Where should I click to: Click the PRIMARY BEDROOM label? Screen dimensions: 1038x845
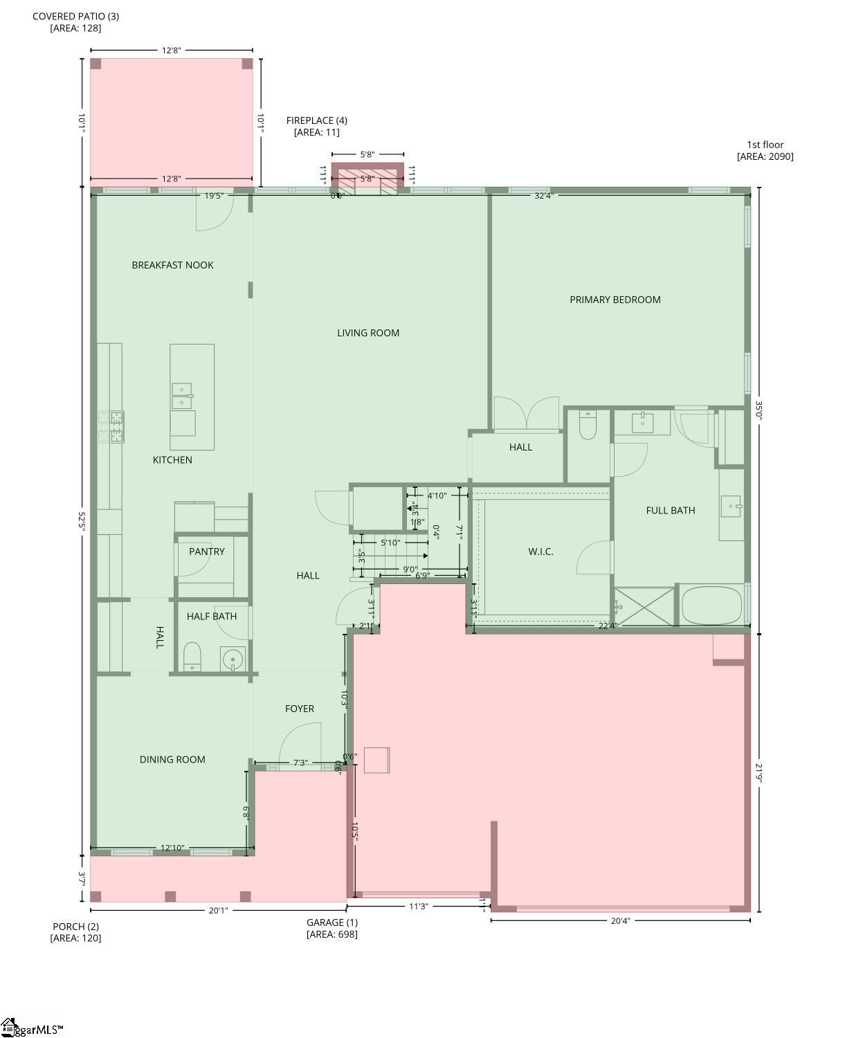615,300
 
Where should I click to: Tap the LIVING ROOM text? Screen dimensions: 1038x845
368,333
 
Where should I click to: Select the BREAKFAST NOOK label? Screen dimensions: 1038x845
172,265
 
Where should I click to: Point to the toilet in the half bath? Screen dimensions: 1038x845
192,656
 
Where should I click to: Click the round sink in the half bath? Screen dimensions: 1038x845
233,659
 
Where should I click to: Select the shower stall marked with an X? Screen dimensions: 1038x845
644,607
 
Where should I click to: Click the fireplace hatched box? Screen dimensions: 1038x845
367,177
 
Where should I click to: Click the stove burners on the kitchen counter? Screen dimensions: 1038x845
111,427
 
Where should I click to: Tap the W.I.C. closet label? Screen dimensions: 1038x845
540,552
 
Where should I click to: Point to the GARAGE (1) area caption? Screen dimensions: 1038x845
332,928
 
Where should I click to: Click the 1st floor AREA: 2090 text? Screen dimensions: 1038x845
765,151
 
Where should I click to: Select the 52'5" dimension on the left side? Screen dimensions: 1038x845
82,521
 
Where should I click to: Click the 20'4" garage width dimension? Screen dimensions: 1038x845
620,921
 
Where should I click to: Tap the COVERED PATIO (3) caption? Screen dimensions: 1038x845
75,21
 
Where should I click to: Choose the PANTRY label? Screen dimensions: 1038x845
206,552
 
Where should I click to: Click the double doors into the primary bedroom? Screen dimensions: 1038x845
527,414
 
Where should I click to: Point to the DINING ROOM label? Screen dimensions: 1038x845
172,760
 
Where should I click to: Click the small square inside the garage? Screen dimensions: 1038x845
377,760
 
